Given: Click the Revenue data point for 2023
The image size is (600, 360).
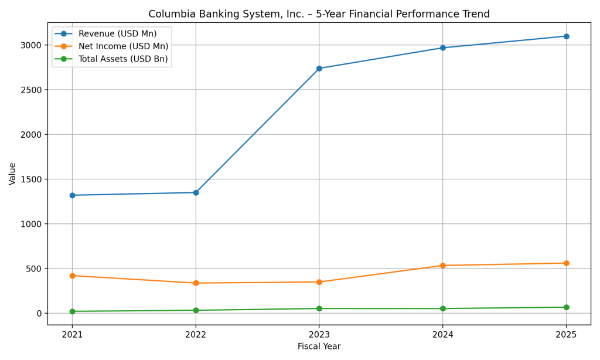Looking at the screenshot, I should (319, 69).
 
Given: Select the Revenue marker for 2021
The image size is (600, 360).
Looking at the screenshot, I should (72, 195).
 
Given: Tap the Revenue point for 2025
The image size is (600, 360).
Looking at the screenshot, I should (566, 36).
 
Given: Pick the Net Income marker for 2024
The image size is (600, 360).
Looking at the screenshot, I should (443, 266).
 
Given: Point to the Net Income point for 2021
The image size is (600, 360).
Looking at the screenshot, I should (72, 276).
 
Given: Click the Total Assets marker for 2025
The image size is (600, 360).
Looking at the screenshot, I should (566, 307).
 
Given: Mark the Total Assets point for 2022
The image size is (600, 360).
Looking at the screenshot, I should (196, 310).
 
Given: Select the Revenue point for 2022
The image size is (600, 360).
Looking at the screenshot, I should (196, 192).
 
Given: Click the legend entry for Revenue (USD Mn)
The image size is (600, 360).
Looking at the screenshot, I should (117, 34).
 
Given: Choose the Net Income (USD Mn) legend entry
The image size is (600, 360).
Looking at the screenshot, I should (123, 46).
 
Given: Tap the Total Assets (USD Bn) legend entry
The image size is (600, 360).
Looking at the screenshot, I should (123, 59).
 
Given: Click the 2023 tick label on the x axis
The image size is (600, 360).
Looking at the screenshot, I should (319, 335).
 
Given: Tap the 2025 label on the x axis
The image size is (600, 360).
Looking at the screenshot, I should (566, 335).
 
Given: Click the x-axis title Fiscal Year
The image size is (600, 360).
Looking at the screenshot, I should (319, 347).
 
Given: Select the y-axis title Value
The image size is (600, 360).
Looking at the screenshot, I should (12, 174).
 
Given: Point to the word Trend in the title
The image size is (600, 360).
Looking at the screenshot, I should (475, 14).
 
